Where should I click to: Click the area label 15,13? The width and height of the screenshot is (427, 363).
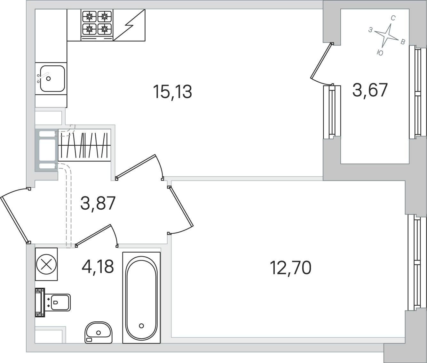tap(172, 92)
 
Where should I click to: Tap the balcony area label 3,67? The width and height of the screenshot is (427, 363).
tap(370, 90)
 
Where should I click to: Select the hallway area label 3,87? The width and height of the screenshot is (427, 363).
tap(98, 203)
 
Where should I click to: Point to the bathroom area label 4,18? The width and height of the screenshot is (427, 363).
tap(98, 267)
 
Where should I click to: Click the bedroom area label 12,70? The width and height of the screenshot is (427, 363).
tap(290, 268)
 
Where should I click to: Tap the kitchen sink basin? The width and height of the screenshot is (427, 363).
tap(52, 78)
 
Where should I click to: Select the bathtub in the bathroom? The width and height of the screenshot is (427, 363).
tap(141, 298)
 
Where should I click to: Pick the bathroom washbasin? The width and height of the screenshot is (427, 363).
tap(98, 333)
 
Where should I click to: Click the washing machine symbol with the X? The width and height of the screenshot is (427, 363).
tap(46, 264)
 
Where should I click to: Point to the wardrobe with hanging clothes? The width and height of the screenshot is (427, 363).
tap(84, 145)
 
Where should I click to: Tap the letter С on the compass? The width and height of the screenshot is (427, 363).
tap(393, 18)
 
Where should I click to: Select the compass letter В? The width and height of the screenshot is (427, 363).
tap(403, 42)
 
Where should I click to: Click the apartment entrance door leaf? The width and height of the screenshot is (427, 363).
tap(14, 220)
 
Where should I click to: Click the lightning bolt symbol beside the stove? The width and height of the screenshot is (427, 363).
tap(129, 25)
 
